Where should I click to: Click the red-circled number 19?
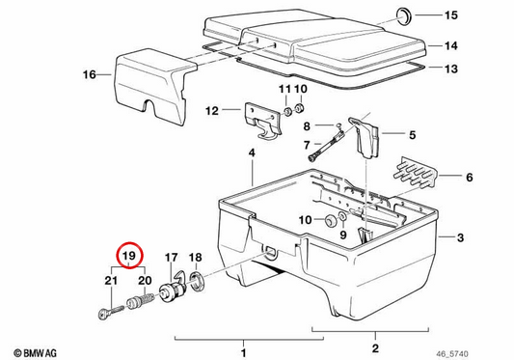[128, 256]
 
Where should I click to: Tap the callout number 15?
[450, 15]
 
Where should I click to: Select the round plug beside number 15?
[404, 15]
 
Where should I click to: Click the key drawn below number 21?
[111, 312]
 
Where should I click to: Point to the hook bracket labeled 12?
[263, 121]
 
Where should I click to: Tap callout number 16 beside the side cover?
[89, 75]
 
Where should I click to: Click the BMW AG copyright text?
[36, 353]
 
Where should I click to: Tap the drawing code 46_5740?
[451, 354]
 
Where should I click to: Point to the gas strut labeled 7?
[327, 144]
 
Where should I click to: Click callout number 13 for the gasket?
[450, 69]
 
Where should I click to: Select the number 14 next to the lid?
[450, 45]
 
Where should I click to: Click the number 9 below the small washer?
[343, 235]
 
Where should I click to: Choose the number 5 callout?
[412, 135]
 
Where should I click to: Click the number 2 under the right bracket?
[376, 347]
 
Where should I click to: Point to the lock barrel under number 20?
[140, 301]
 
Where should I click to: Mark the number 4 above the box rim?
[252, 152]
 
